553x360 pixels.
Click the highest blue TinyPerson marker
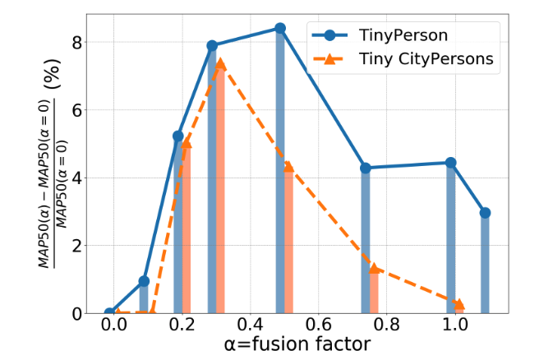pyautogui.click(x=280, y=28)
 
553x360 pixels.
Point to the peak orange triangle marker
pyautogui.click(x=220, y=62)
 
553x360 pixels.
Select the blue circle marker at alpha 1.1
pyautogui.click(x=485, y=213)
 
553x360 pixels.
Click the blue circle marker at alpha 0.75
pyautogui.click(x=366, y=168)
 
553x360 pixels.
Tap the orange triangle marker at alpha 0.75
pyautogui.click(x=374, y=268)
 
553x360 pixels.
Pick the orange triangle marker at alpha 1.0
pyautogui.click(x=459, y=304)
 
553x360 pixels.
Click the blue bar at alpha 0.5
pyautogui.click(x=280, y=173)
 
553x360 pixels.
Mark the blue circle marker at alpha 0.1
pyautogui.click(x=144, y=281)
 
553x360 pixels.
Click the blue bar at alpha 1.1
pyautogui.click(x=485, y=263)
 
